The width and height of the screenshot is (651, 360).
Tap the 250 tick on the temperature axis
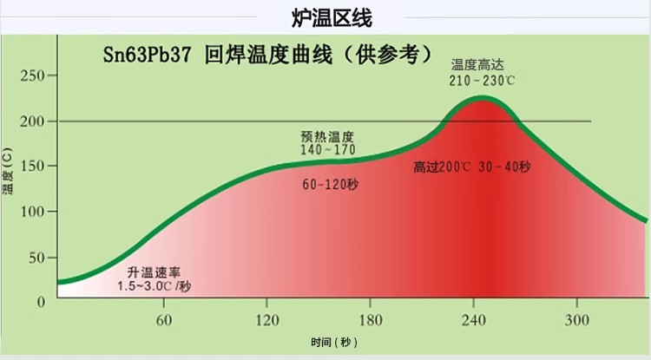click(x=32, y=75)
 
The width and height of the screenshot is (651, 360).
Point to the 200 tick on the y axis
click(x=32, y=121)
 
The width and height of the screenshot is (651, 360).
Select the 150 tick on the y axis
click(x=32, y=166)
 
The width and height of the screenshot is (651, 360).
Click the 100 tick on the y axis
click(x=32, y=212)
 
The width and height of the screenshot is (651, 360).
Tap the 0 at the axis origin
click(x=40, y=301)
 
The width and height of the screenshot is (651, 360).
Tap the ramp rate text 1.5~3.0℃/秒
click(x=155, y=285)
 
